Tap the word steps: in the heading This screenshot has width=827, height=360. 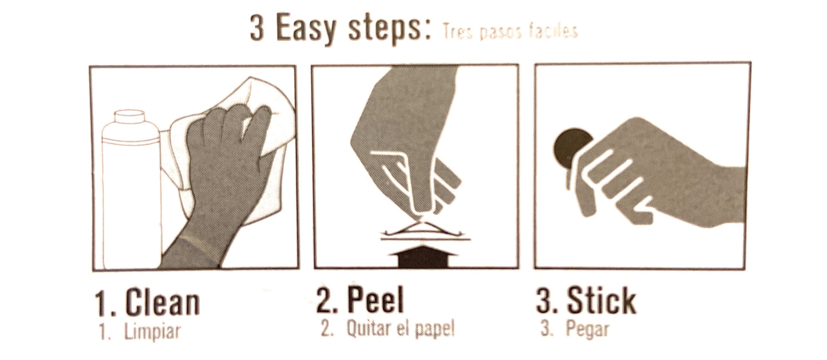pyautogui.click(x=390, y=29)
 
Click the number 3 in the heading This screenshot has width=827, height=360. pyautogui.click(x=258, y=28)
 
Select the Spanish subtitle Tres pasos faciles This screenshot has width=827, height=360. pyautogui.click(x=510, y=32)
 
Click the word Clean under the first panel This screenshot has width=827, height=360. pyautogui.click(x=163, y=302)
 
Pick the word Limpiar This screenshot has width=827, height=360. pyautogui.click(x=152, y=331)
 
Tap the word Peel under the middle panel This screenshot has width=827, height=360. pyautogui.click(x=375, y=300)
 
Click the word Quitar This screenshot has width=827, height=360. pyautogui.click(x=369, y=329)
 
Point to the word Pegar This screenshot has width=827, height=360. pyautogui.click(x=587, y=329)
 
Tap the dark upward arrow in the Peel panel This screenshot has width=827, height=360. pyautogui.click(x=422, y=256)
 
